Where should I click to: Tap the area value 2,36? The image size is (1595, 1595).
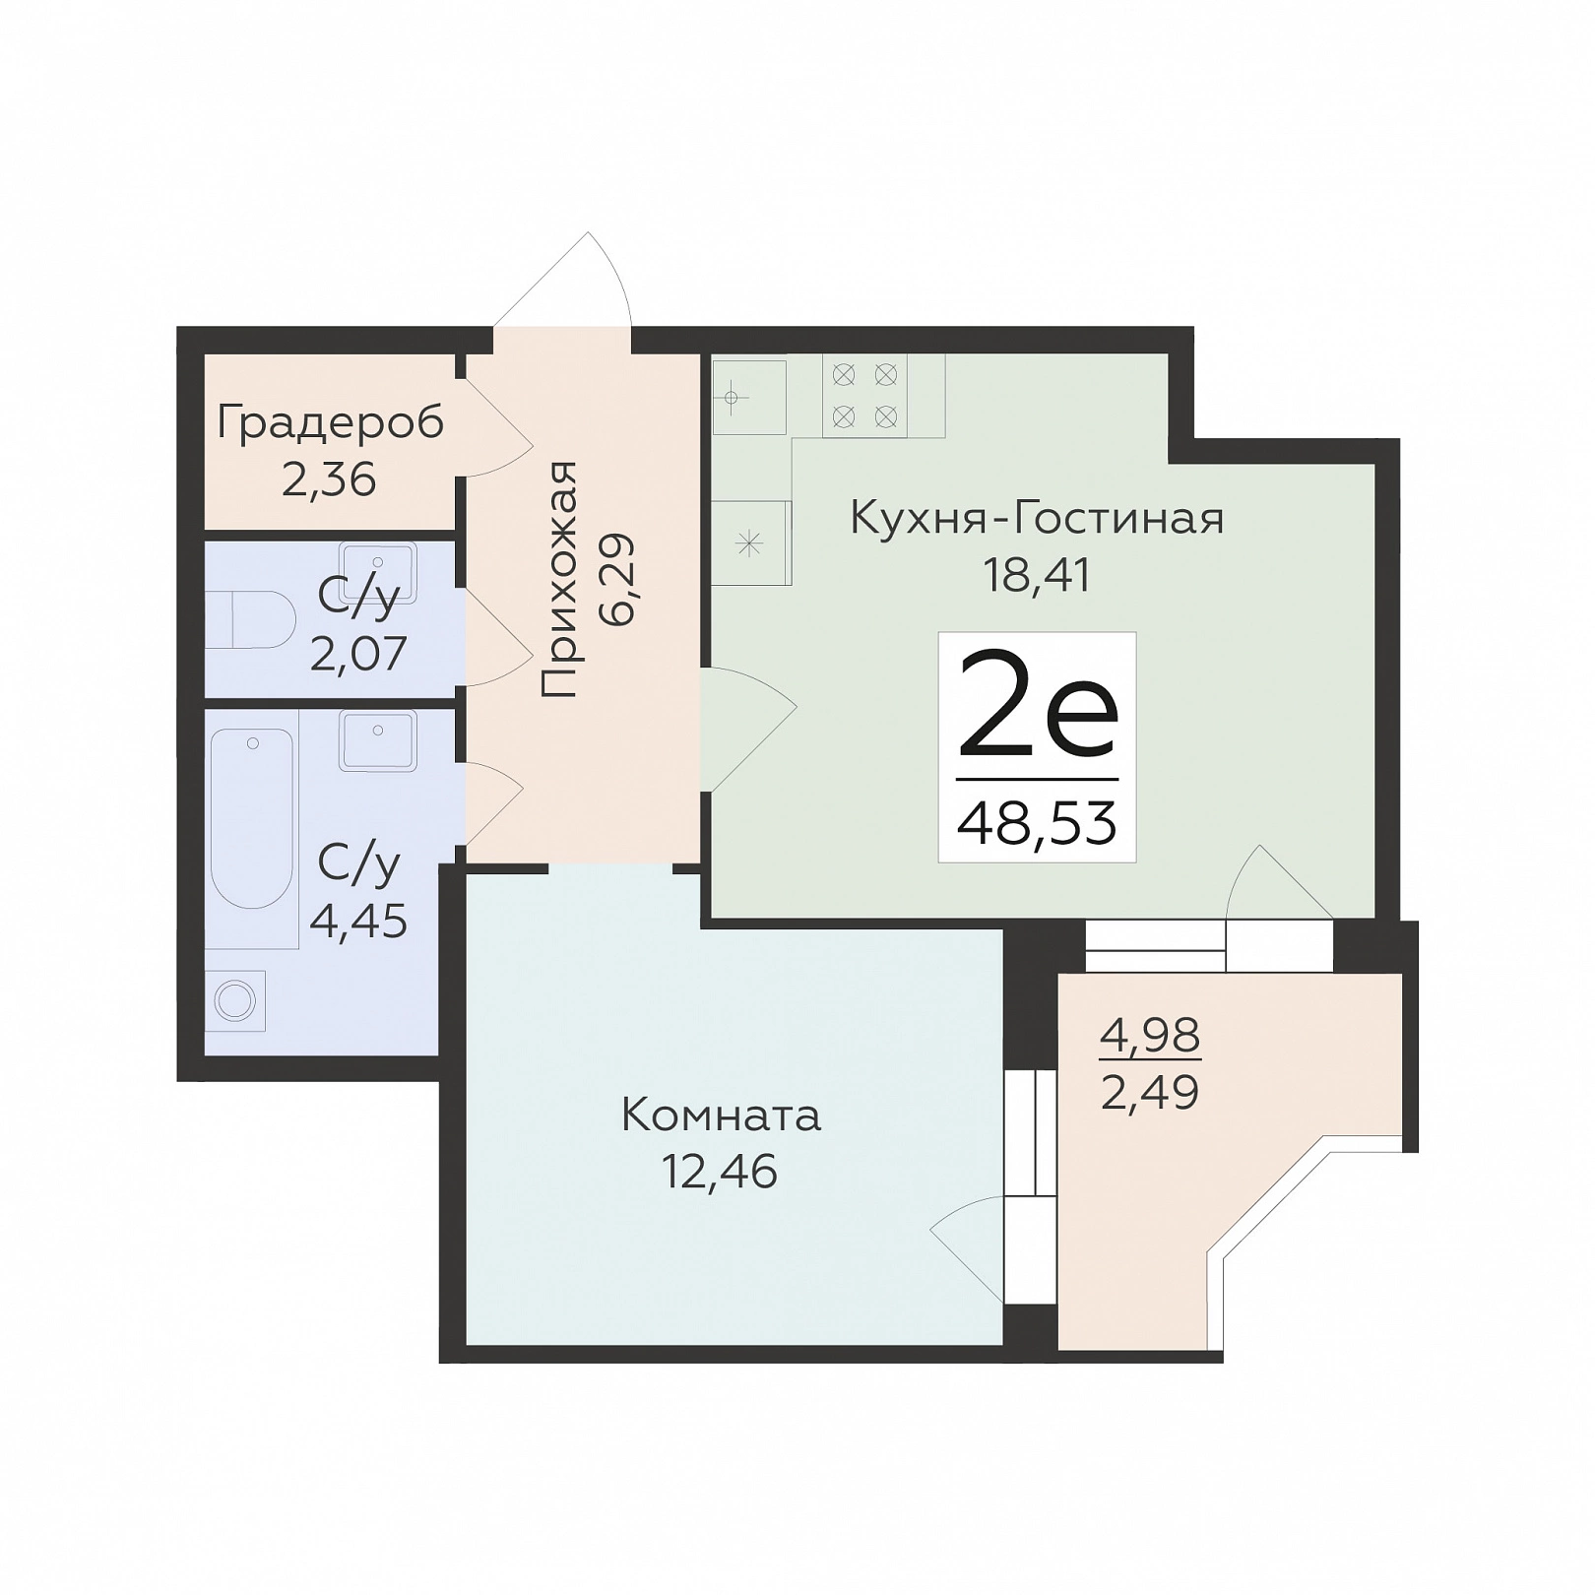tap(329, 480)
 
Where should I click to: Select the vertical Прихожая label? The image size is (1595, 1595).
tap(559, 580)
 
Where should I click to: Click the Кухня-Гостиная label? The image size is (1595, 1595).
tap(1038, 518)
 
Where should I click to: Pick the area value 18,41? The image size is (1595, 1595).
tap(1038, 576)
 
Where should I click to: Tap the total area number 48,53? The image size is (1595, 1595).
tap(1038, 822)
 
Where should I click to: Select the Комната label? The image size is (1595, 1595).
tap(722, 1116)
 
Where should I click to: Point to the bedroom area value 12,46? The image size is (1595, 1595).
tap(720, 1172)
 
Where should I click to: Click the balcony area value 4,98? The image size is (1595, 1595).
tap(1150, 1035)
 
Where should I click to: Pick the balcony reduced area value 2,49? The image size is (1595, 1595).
tap(1150, 1092)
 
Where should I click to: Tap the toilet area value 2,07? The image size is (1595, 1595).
tap(358, 654)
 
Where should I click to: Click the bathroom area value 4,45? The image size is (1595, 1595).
tap(358, 922)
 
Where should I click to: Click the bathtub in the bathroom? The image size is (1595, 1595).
tap(252, 820)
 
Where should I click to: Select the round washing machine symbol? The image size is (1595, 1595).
tap(235, 1001)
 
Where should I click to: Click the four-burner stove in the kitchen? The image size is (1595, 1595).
tap(864, 396)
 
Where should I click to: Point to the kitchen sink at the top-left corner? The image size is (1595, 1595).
tap(749, 397)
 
